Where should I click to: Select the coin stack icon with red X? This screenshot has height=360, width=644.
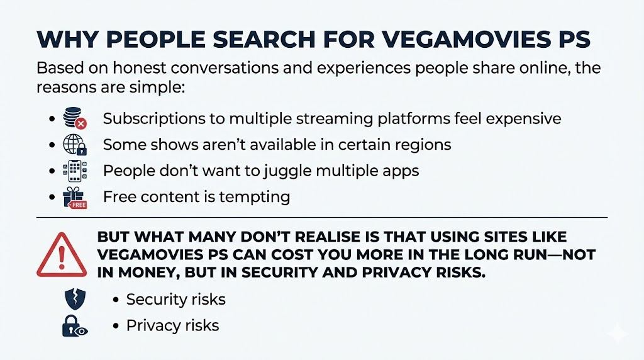click(75, 118)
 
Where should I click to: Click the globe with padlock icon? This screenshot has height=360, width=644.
click(75, 145)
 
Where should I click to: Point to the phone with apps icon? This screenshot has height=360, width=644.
click(75, 171)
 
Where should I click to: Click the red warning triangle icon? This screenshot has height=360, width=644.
click(62, 254)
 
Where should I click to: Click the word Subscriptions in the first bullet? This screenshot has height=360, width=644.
click(153, 118)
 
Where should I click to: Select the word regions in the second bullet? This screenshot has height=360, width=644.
click(419, 145)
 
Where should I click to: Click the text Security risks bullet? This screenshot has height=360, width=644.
click(175, 299)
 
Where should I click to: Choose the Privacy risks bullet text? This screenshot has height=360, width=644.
click(172, 325)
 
